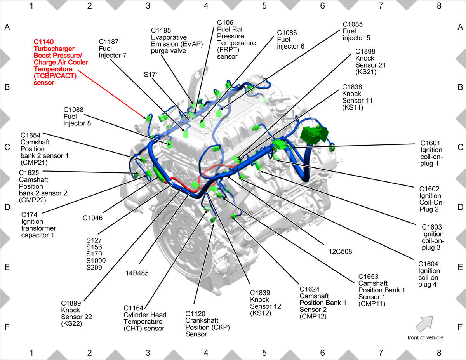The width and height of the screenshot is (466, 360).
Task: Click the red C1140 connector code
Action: click(43, 42)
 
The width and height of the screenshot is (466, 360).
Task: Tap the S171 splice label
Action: click(151, 75)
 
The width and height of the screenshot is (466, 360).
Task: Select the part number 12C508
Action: click(340, 251)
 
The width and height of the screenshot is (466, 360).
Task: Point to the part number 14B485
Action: click(137, 273)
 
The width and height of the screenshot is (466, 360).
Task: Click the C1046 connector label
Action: click(92, 218)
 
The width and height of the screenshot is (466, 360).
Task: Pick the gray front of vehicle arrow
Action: click(424, 324)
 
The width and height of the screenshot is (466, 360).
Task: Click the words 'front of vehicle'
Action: click(425, 338)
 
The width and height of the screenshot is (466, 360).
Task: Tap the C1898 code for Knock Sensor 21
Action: click(365, 52)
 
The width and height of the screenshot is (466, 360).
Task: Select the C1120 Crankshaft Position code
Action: click(195, 314)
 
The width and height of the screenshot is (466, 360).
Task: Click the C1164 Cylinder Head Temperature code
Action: click(133, 308)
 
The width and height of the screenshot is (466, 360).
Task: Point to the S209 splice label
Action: click(94, 267)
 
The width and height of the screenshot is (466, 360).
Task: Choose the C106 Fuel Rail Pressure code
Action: click(225, 23)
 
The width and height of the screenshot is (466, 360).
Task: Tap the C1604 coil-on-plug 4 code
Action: click(428, 264)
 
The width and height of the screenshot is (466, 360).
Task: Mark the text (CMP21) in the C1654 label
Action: click(34, 163)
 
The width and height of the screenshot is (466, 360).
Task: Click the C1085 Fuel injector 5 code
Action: click(353, 24)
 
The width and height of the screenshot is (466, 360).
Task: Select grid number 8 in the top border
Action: click(439, 6)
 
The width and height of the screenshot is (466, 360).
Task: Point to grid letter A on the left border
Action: click(7, 27)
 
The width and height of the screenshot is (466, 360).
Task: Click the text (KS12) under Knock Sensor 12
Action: click(261, 313)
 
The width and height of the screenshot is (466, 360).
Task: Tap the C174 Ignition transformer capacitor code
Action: click(29, 214)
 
